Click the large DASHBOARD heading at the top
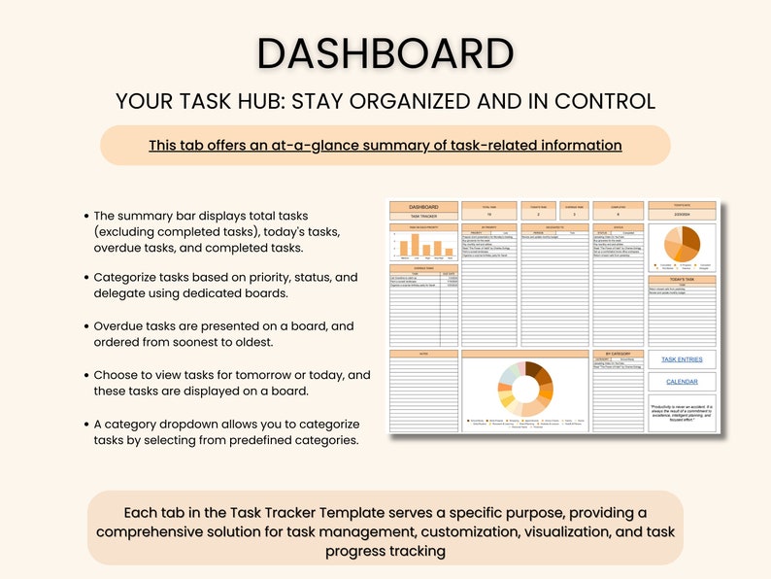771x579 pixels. coord(385,53)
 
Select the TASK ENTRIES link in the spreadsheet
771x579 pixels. coord(681,359)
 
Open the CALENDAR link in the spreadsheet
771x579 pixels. coord(681,382)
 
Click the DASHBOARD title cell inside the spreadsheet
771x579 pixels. coord(423,207)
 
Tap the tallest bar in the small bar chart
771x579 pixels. coord(413,246)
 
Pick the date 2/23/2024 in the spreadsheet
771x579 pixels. coord(681,217)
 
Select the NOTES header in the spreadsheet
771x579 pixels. coord(423,354)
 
